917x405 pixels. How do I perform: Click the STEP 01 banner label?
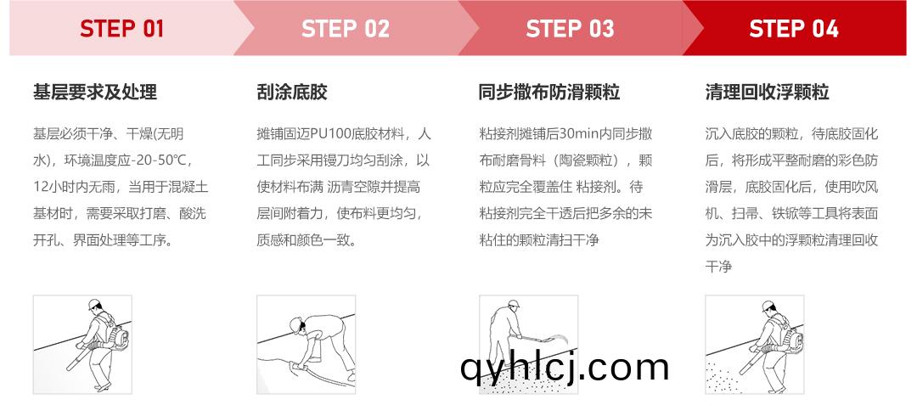(121, 29)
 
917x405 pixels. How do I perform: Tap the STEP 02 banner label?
(346, 29)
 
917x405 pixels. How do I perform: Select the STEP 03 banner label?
(571, 29)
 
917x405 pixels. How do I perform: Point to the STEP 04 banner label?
(794, 29)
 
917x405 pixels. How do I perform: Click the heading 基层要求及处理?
(95, 92)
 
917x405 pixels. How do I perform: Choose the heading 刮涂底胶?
(292, 92)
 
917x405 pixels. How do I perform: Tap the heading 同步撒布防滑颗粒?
(549, 92)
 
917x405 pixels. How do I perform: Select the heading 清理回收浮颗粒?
(767, 92)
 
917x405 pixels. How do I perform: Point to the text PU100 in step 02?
(331, 134)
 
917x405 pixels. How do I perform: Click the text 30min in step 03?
(578, 134)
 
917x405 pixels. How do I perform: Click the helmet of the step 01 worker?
(94, 304)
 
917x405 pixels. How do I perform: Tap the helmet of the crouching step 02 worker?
(295, 323)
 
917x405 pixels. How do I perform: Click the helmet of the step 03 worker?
(514, 304)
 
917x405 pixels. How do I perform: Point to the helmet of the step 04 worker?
(768, 306)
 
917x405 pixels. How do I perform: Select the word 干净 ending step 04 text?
(718, 267)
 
